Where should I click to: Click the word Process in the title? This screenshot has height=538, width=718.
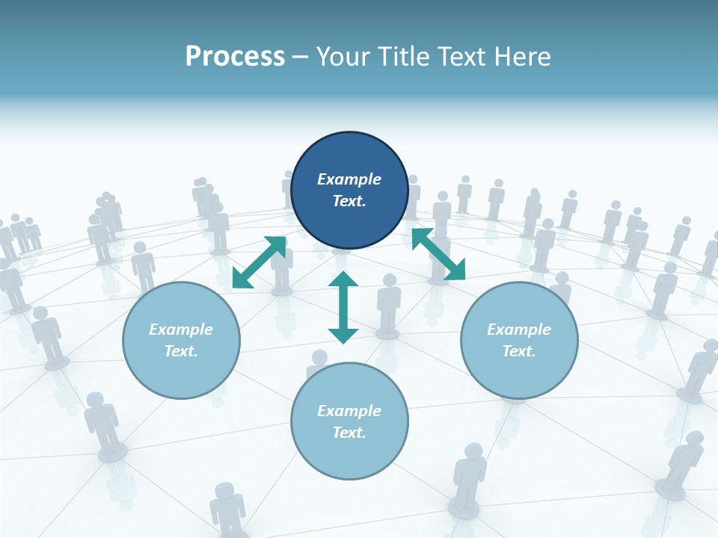235,57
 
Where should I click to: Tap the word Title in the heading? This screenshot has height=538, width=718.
405,57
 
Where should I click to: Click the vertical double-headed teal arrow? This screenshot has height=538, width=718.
343,307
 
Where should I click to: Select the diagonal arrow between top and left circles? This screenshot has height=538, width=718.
259,262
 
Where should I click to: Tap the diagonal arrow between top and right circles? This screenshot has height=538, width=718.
438,254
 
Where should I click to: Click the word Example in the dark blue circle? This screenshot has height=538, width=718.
349,179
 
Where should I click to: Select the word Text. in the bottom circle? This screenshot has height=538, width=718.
349,433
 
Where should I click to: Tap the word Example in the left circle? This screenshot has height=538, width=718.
181,330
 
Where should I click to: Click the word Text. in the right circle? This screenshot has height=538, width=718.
519,351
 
